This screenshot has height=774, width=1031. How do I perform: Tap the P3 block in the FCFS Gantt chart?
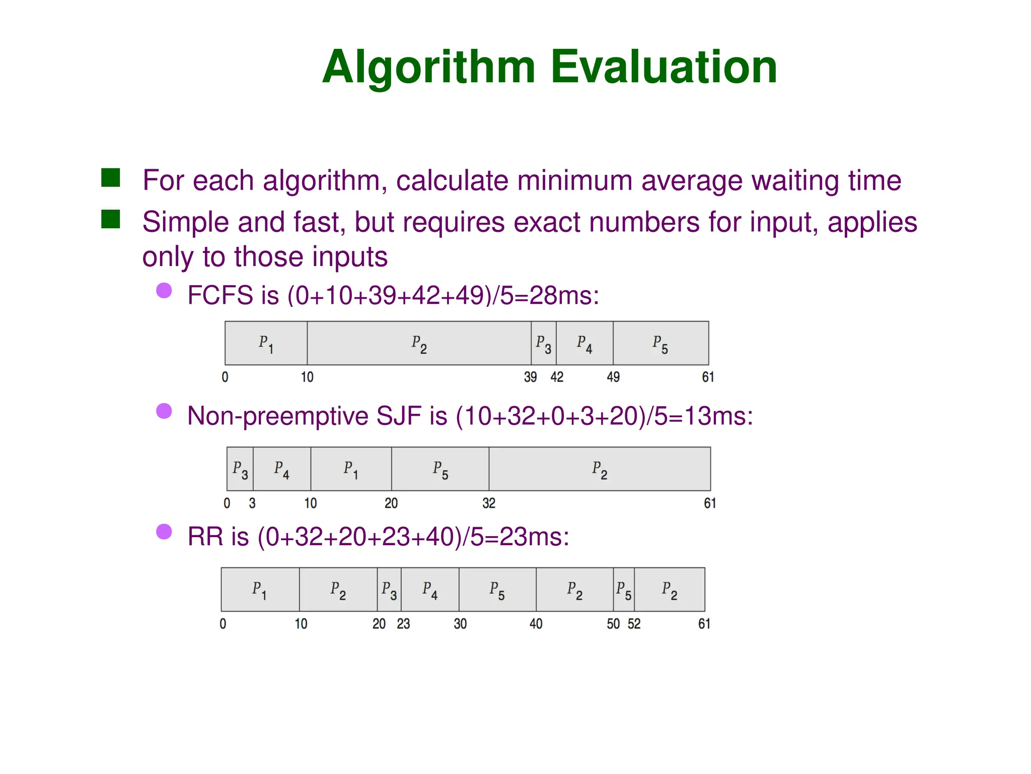tap(544, 343)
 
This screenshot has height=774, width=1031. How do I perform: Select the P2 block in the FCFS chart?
tap(419, 343)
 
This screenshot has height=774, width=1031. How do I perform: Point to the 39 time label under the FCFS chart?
tap(530, 377)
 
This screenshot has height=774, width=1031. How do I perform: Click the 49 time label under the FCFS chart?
tap(613, 377)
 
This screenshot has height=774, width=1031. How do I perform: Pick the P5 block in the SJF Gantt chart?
tap(440, 469)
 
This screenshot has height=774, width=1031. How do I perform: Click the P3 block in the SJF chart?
tap(240, 469)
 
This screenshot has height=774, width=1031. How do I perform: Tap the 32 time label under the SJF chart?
tap(489, 503)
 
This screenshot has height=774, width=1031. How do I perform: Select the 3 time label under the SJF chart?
tap(252, 503)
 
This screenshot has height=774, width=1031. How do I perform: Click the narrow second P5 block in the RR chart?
tap(624, 590)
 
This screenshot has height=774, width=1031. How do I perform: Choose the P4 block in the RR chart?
tap(430, 590)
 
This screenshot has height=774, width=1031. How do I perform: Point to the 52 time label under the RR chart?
tap(634, 624)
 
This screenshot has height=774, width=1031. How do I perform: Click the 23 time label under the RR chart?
tap(403, 624)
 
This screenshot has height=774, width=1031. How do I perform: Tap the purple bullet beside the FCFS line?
tap(164, 290)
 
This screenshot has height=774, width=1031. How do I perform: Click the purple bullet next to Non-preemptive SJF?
tap(164, 411)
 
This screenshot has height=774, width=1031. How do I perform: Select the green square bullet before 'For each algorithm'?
tap(111, 178)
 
